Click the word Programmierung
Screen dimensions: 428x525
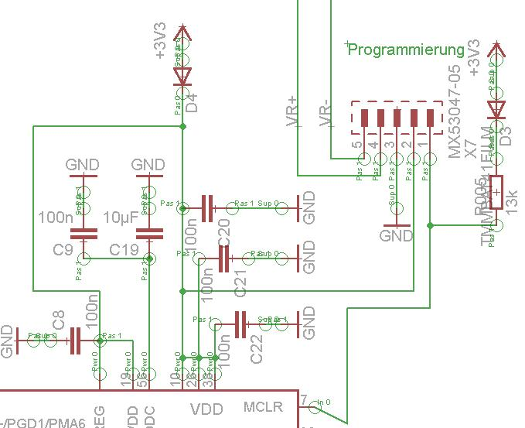coord(406,50)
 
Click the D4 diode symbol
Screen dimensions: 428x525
coord(182,76)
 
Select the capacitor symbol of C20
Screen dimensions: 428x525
coord(207,207)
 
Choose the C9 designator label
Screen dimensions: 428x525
coord(63,249)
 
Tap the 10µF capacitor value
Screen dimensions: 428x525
coord(120,218)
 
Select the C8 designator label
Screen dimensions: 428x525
coord(59,319)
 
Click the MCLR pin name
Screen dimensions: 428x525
coord(263,407)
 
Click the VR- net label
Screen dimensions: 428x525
coord(326,113)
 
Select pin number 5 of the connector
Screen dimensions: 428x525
coord(356,145)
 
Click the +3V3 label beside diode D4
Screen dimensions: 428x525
coord(160,45)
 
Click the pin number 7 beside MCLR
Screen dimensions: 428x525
coord(305,399)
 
